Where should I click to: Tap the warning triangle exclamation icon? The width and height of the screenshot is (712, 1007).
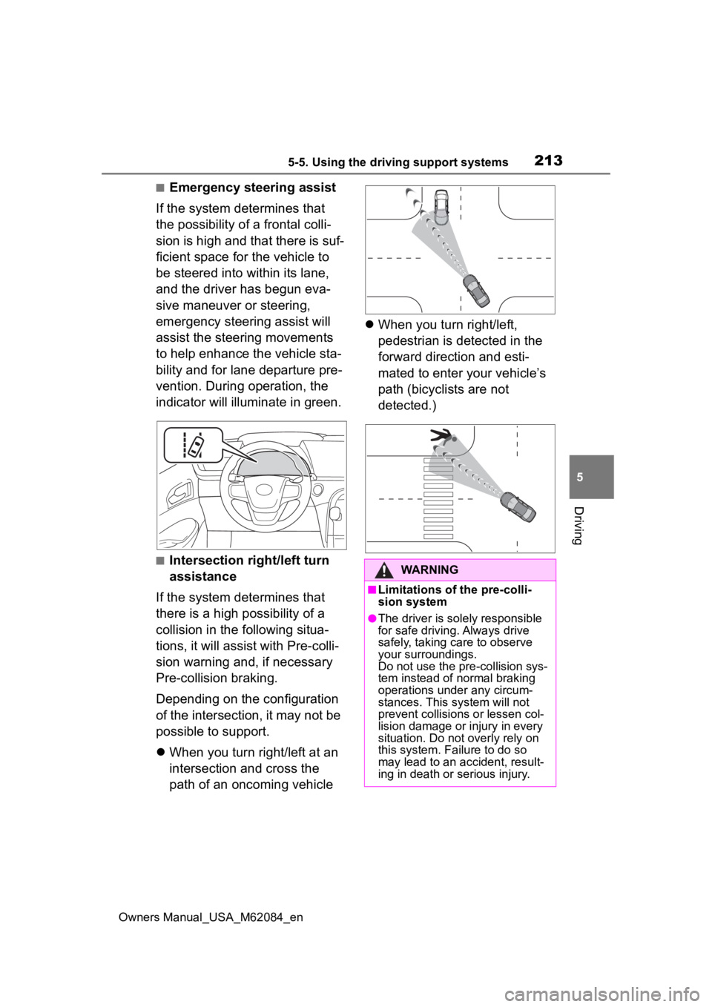point(386,570)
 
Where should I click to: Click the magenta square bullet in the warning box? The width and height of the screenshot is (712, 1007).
point(372,590)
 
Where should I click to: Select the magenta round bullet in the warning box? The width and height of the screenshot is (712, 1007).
point(372,618)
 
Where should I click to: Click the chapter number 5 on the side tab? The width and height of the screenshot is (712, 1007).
point(592,477)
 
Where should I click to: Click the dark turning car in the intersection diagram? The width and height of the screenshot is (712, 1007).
point(475,291)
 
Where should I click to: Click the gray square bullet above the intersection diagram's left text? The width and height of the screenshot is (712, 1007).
point(159,188)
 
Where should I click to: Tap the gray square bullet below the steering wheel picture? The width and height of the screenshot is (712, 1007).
point(159,561)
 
